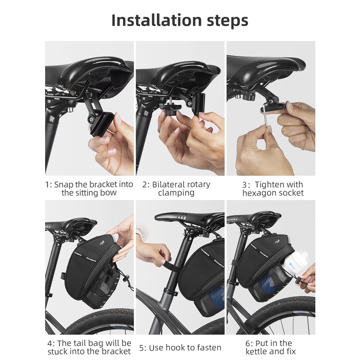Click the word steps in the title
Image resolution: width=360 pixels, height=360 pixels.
tap(227, 21)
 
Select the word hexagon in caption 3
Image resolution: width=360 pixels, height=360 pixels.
tap(258, 193)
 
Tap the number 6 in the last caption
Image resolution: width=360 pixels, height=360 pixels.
tap(248, 344)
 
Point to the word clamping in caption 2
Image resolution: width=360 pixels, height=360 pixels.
tap(176, 193)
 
